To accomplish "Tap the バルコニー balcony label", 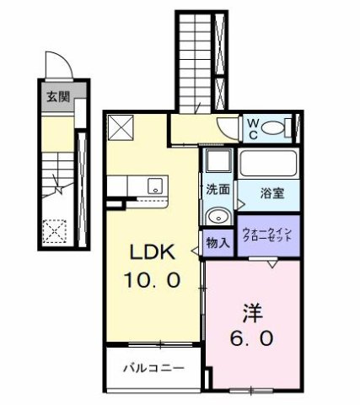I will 153,368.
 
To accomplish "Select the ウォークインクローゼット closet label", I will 267,233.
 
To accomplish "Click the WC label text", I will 252,128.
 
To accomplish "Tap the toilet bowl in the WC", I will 273,129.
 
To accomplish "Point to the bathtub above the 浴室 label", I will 268,163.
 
